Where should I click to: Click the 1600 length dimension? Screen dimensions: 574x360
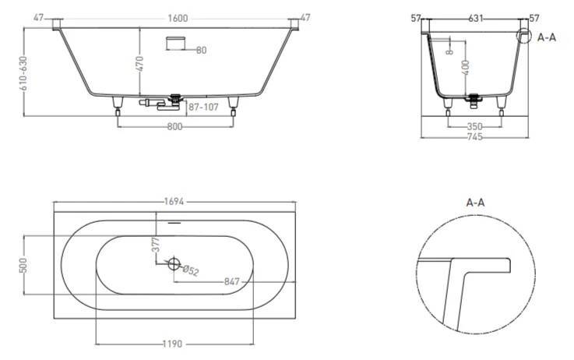coord(178,18)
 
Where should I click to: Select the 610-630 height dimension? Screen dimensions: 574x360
coord(23,73)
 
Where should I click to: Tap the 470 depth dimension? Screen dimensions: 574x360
coord(140,64)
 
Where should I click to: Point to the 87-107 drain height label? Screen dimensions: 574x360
coord(203,108)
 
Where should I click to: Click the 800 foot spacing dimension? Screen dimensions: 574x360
coord(174,127)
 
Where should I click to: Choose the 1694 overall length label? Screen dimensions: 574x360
coord(174,201)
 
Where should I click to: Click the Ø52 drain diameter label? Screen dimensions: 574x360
coord(190,270)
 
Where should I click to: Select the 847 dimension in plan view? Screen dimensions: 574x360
coord(232,281)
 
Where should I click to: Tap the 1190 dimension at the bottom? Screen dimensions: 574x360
coord(172,344)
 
